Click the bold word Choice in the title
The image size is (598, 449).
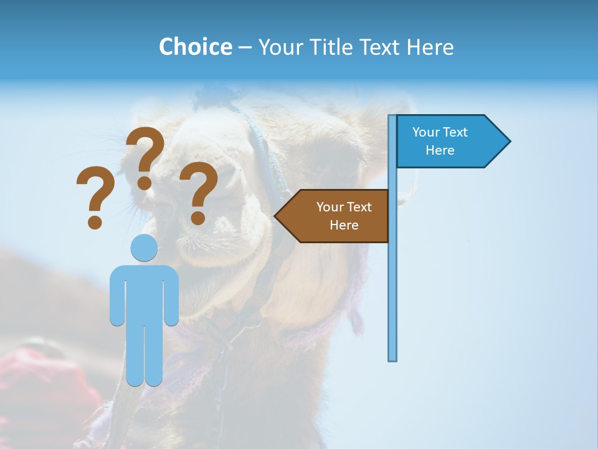[x=195, y=47]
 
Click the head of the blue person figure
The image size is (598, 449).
[x=144, y=248]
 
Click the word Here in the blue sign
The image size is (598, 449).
[x=440, y=150]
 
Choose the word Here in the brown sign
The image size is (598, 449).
[x=344, y=225]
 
